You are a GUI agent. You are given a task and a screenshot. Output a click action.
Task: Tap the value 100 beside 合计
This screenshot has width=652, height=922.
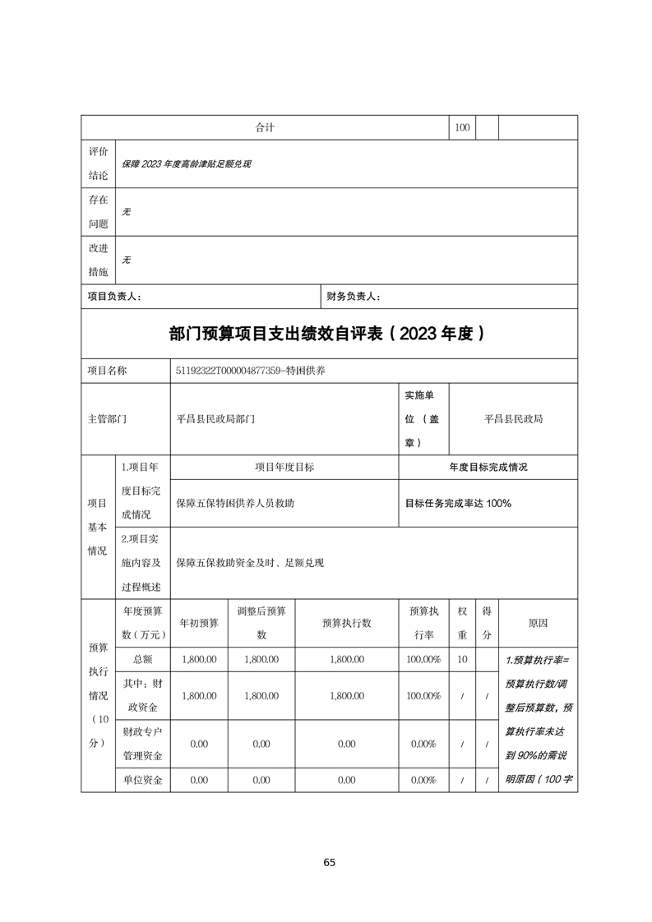[462, 127]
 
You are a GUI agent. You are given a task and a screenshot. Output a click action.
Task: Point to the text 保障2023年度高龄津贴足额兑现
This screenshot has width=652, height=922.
[186, 164]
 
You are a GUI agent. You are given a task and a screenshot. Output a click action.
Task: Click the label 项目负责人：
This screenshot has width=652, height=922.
[114, 297]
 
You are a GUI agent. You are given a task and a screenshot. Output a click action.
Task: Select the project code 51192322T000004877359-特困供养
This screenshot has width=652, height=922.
[251, 371]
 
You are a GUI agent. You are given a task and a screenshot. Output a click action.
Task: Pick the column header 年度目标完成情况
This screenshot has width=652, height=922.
[488, 467]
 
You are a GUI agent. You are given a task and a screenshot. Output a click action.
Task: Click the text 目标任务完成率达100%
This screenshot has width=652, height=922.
[458, 503]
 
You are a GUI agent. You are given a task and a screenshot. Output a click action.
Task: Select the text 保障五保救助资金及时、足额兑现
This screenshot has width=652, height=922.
[251, 563]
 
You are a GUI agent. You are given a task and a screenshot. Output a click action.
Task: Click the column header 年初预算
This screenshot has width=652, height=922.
[199, 623]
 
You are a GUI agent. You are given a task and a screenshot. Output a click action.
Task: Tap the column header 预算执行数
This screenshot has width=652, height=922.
[346, 623]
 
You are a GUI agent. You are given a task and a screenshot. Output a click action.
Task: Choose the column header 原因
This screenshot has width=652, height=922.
[538, 623]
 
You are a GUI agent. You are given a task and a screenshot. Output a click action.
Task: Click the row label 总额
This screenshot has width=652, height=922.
[142, 659]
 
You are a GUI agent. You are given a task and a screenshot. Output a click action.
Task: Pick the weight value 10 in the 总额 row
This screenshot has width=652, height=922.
[462, 659]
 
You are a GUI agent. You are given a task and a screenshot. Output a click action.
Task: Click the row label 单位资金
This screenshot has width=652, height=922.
[142, 780]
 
